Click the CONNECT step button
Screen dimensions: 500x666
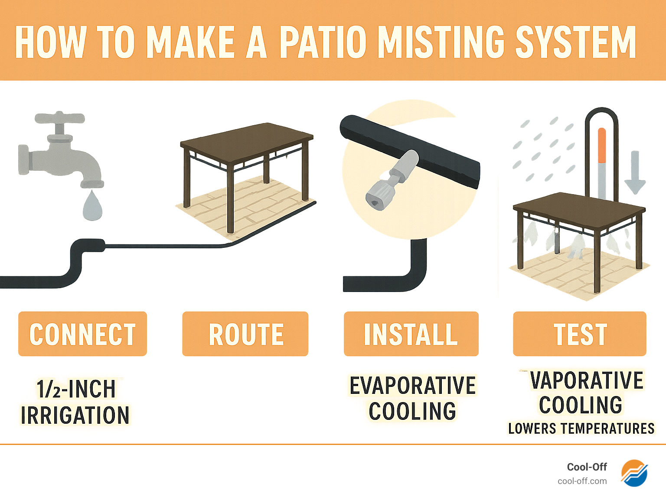82,334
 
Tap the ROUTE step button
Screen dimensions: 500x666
245,334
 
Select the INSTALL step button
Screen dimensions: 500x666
411,334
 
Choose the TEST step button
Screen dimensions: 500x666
580,334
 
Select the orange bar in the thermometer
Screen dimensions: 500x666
601,145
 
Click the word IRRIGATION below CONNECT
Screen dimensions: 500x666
75,415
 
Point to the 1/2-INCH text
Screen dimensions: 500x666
76,389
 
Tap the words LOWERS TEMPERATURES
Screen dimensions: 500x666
581,429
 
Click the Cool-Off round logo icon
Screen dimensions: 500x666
634,473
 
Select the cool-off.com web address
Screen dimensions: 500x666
582,481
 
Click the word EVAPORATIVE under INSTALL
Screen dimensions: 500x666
412,386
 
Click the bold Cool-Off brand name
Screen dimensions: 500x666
587,467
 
